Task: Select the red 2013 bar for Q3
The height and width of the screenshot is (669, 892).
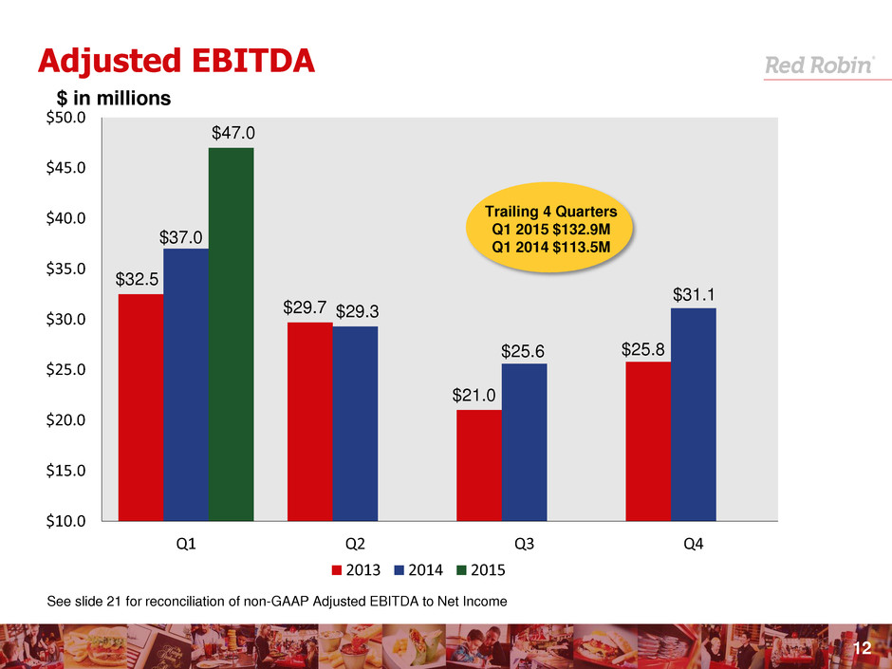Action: pyautogui.click(x=479, y=465)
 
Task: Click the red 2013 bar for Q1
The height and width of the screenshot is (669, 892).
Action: pyautogui.click(x=140, y=407)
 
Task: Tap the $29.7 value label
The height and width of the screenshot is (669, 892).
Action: pyautogui.click(x=305, y=308)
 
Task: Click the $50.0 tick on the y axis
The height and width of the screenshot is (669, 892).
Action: pyautogui.click(x=67, y=118)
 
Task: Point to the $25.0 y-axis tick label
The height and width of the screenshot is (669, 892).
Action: pyautogui.click(x=67, y=369)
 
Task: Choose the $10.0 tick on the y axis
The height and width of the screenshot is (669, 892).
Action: pyautogui.click(x=67, y=520)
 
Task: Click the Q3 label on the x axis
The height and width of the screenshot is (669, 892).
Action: pyautogui.click(x=524, y=545)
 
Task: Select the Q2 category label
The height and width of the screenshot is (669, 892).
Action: pyautogui.click(x=355, y=545)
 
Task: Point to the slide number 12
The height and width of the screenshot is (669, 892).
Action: pyautogui.click(x=862, y=647)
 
